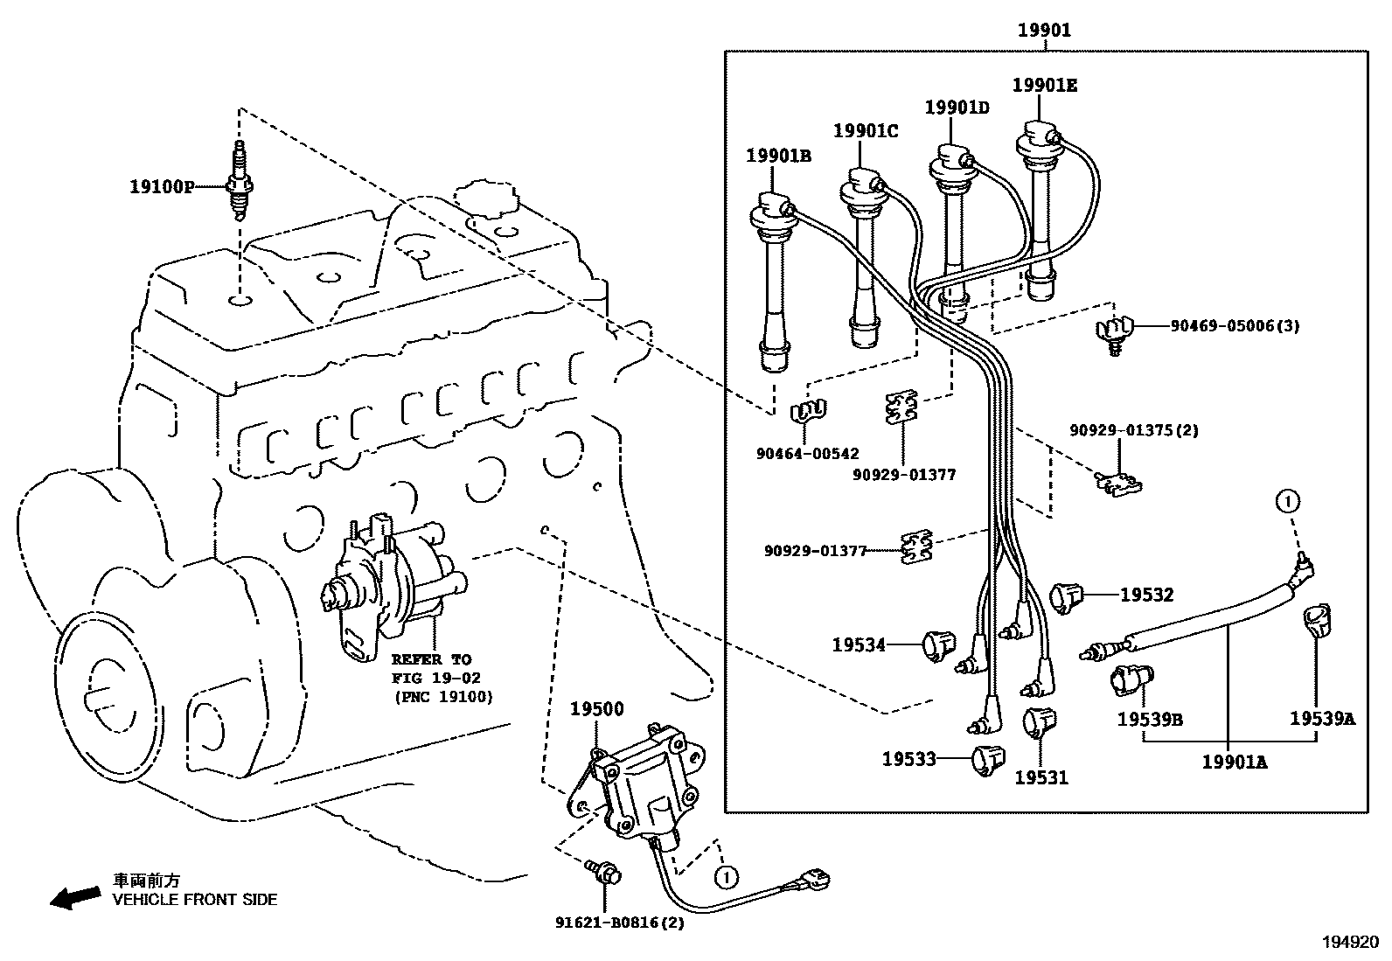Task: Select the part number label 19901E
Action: coord(1045,85)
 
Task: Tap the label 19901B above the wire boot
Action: coord(778,156)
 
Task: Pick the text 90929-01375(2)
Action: coord(1134,430)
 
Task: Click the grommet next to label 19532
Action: coord(1066,595)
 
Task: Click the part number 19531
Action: coord(1041,776)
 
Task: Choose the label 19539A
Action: coord(1321,719)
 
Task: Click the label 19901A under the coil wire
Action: coord(1234,762)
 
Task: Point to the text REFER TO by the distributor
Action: coord(430,659)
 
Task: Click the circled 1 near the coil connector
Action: coord(724,874)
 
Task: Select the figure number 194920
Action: coord(1349,942)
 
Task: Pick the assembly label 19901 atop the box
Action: coord(1043,31)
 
